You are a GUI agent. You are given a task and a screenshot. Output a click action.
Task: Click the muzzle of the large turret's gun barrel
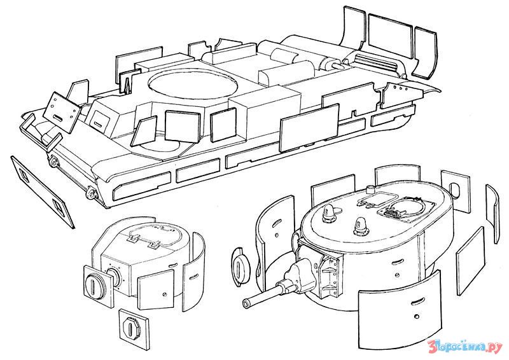(246, 303)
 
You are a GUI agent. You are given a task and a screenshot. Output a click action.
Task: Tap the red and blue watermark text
(465, 347)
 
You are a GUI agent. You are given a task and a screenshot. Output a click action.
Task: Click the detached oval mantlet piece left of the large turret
(241, 267)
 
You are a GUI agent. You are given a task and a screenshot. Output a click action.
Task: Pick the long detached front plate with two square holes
(43, 192)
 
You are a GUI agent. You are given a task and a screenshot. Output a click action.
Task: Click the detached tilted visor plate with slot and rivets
(61, 113)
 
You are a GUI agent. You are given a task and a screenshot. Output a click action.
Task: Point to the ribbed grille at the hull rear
(377, 62)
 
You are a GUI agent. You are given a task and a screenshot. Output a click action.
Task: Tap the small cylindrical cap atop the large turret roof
(370, 189)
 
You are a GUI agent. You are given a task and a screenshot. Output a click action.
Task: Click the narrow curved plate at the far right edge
(492, 214)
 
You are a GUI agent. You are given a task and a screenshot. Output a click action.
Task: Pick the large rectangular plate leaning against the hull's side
(309, 128)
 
